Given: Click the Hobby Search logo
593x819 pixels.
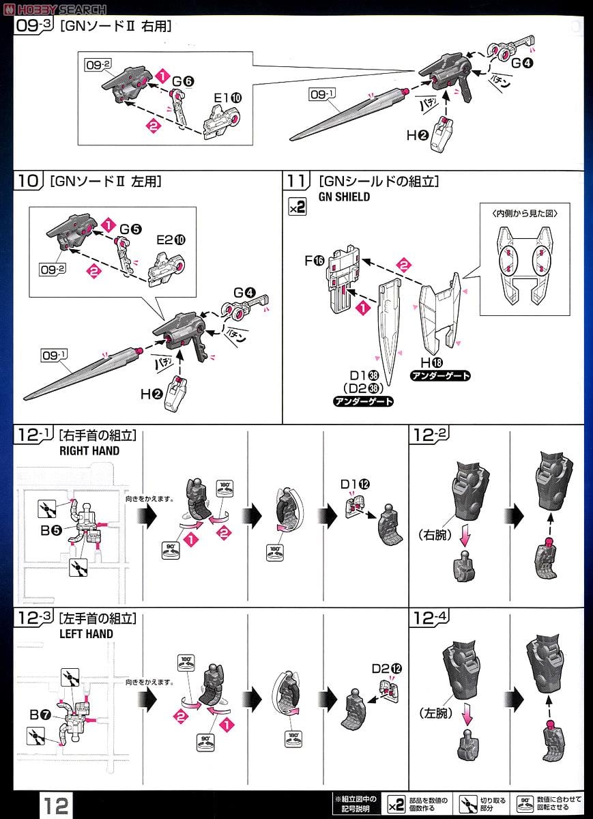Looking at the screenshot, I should click(x=54, y=9).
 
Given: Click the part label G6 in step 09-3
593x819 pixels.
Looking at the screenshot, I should click(x=183, y=81).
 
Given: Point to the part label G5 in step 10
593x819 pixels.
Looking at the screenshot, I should click(x=130, y=229).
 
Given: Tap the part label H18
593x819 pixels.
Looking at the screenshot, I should click(x=431, y=362).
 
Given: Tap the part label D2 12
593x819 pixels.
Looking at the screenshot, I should click(x=385, y=668).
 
